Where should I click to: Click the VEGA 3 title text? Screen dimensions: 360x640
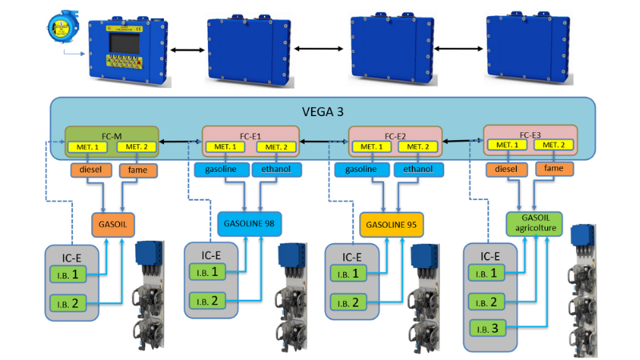[322, 112]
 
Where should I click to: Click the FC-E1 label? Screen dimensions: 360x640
[250, 134]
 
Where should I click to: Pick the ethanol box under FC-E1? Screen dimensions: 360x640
[276, 170]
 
